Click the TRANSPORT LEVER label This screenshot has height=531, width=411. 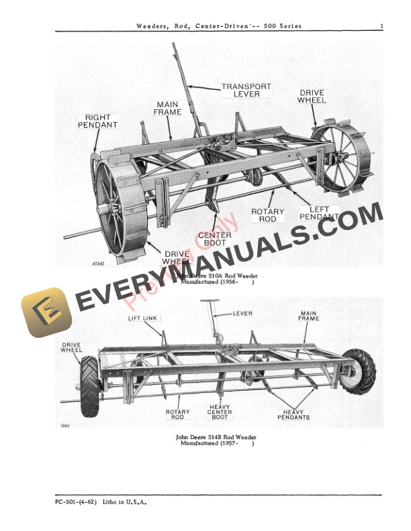point(246,91)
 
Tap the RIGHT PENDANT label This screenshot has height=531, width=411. point(97,121)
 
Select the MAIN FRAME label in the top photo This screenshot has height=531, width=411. point(168,109)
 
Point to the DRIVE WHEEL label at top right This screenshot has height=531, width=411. point(312,96)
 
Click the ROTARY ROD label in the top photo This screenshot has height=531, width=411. point(267,215)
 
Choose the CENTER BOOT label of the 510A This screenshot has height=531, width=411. point(215,239)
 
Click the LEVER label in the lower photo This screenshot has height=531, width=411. point(242,313)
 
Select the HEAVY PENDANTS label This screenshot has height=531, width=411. point(293,414)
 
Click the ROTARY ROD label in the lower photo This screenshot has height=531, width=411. point(178,414)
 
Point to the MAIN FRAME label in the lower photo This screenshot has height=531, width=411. point(309,315)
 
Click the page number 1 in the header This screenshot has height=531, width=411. point(381,26)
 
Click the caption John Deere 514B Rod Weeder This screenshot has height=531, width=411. point(216,437)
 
